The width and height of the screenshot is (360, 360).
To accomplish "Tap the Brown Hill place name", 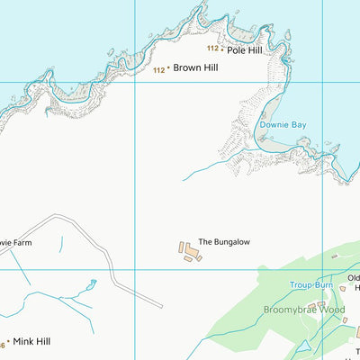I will pos(195,67).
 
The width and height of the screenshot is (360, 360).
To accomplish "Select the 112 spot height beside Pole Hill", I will pos(211,49).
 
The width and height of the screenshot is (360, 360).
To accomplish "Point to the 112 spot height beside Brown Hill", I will pos(158,69).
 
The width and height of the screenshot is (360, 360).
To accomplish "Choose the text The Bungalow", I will pos(224,242).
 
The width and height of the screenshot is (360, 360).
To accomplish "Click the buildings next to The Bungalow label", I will pos(190,251).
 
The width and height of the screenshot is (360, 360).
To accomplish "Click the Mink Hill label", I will pos(31,342).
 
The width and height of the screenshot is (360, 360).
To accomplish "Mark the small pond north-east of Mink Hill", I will pos(91,285).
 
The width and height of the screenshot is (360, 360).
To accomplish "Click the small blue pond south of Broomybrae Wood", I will pos(303,346).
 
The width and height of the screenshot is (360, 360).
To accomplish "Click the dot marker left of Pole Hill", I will pos(222,50).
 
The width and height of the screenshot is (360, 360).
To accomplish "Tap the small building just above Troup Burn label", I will pos(334,256).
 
